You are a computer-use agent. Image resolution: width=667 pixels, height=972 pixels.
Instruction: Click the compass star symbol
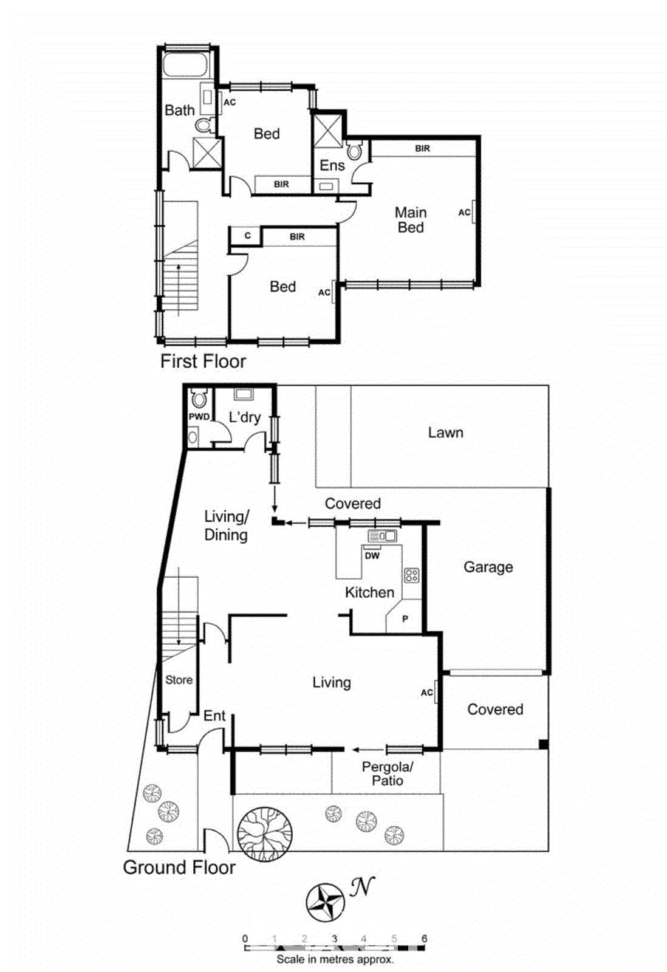[x=326, y=903]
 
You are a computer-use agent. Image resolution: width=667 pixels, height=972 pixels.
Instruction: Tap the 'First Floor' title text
[x=203, y=361]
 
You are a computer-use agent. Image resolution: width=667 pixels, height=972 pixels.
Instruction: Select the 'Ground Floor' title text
[x=179, y=867]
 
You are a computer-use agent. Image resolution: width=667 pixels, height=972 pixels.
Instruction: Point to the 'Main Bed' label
[x=411, y=220]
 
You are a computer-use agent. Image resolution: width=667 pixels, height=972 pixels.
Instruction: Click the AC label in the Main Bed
[x=464, y=213]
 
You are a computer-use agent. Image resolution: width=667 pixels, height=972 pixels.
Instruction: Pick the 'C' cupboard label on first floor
[x=247, y=236]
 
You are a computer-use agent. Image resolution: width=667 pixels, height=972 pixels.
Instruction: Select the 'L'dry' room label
[x=244, y=417]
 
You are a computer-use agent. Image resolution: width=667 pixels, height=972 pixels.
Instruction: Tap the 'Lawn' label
[x=445, y=433]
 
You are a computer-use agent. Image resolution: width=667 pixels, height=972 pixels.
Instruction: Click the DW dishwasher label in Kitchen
[x=372, y=555]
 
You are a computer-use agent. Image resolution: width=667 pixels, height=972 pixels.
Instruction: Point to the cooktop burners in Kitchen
[x=411, y=575]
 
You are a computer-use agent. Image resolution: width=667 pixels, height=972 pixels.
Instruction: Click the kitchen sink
[x=382, y=536]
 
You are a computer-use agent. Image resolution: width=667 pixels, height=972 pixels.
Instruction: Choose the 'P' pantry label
[x=405, y=619]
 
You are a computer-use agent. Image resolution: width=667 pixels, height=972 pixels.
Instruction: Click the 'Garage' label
[x=488, y=567]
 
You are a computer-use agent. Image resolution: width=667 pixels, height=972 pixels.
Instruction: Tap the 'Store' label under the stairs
[x=179, y=680]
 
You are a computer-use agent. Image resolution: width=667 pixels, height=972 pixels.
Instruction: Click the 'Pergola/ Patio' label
[x=387, y=774]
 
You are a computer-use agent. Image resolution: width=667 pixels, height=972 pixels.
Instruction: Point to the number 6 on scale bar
[x=424, y=939]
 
